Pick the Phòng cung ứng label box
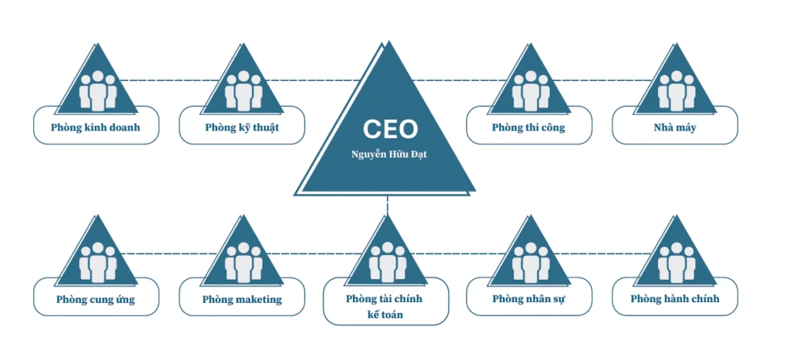[96, 299]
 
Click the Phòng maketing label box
[242, 299]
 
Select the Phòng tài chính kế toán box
[385, 306]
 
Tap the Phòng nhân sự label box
[528, 299]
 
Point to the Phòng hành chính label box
[674, 299]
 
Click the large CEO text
[390, 128]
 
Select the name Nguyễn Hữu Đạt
[389, 155]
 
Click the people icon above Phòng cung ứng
[97, 262]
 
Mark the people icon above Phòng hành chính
[675, 262]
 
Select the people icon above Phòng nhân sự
[529, 262]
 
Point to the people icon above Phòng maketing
[243, 262]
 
